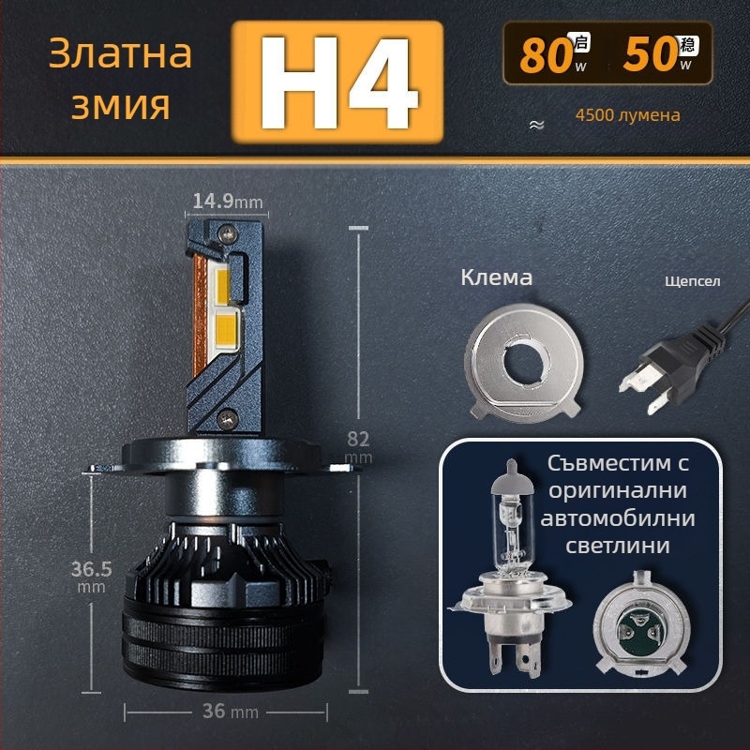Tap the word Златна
[x=119, y=53]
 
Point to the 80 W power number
[x=547, y=55]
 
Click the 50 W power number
[x=651, y=55]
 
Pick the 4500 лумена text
[x=628, y=116]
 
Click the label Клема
[x=497, y=277]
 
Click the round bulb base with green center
[x=638, y=623]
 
